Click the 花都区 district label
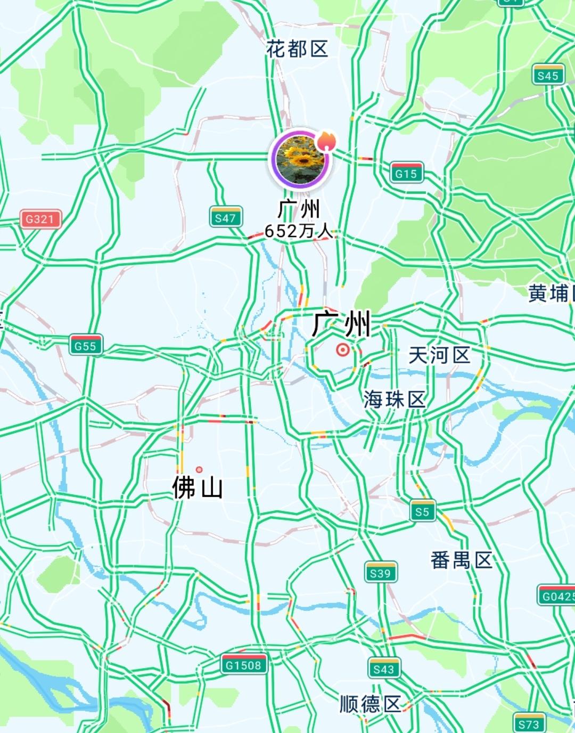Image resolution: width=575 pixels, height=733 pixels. [x=297, y=50]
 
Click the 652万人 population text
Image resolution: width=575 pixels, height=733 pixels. [x=299, y=231]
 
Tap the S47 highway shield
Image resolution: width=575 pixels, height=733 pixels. [x=225, y=217]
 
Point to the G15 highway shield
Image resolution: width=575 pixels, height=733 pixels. [x=406, y=173]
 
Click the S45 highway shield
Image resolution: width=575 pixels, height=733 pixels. [x=548, y=75]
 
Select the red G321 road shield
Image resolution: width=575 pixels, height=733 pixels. [x=40, y=218]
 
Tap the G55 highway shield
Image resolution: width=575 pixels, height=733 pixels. [x=85, y=345]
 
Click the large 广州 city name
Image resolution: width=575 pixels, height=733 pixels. [x=341, y=323]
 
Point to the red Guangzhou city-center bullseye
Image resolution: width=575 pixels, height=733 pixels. [x=343, y=350]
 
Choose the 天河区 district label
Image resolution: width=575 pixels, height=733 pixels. [x=439, y=355]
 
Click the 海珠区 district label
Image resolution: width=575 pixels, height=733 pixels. [x=395, y=399]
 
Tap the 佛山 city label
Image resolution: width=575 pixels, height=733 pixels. [x=198, y=487]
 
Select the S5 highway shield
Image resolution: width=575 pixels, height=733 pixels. [x=423, y=511]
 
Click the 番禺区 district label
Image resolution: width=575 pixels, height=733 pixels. [x=461, y=560]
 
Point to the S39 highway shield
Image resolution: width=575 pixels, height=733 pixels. [x=381, y=573]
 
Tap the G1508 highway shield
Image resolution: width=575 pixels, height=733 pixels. [x=243, y=664]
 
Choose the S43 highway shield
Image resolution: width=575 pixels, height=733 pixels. [x=384, y=669]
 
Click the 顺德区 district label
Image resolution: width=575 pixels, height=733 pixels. [x=370, y=704]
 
